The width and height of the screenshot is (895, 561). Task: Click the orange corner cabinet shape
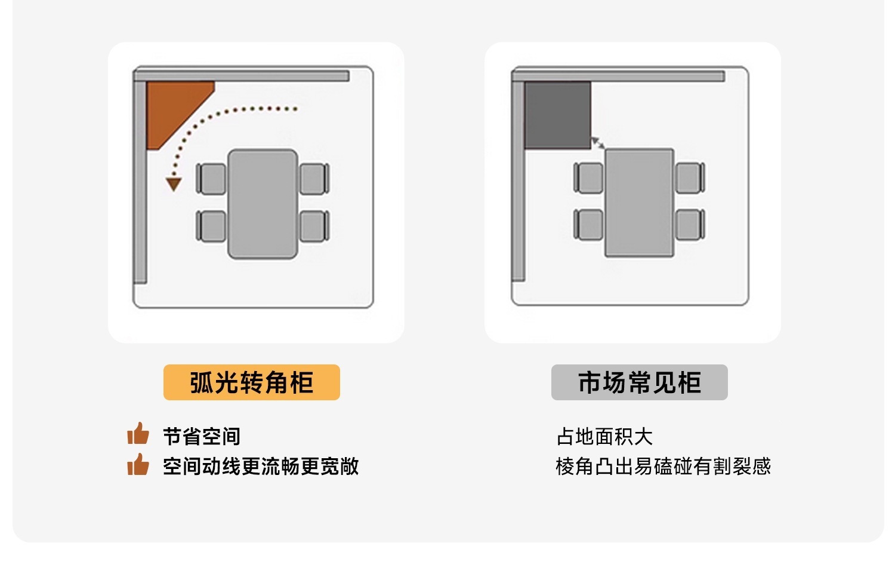172,108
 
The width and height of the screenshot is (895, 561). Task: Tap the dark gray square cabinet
557,115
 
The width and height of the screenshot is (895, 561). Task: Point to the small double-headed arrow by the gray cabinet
598,143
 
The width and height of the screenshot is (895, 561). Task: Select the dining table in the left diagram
263,204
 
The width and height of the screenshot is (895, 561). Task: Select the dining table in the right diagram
639,203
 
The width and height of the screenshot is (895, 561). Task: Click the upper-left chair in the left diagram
211,179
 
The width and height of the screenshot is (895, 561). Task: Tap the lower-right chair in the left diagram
315,226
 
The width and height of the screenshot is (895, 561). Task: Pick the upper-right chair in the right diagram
690,177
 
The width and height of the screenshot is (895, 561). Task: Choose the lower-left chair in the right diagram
588,225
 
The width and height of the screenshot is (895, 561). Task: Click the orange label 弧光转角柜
252,382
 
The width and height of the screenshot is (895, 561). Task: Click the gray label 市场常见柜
639,382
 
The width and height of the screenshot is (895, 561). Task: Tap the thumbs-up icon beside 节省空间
138,433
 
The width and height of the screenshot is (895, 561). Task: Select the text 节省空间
202,436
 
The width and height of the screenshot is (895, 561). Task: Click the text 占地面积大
605,436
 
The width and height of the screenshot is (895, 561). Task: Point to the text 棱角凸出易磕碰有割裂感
663,466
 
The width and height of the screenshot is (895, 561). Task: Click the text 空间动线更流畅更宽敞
261,466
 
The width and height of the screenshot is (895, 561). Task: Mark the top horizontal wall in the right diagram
618,76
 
